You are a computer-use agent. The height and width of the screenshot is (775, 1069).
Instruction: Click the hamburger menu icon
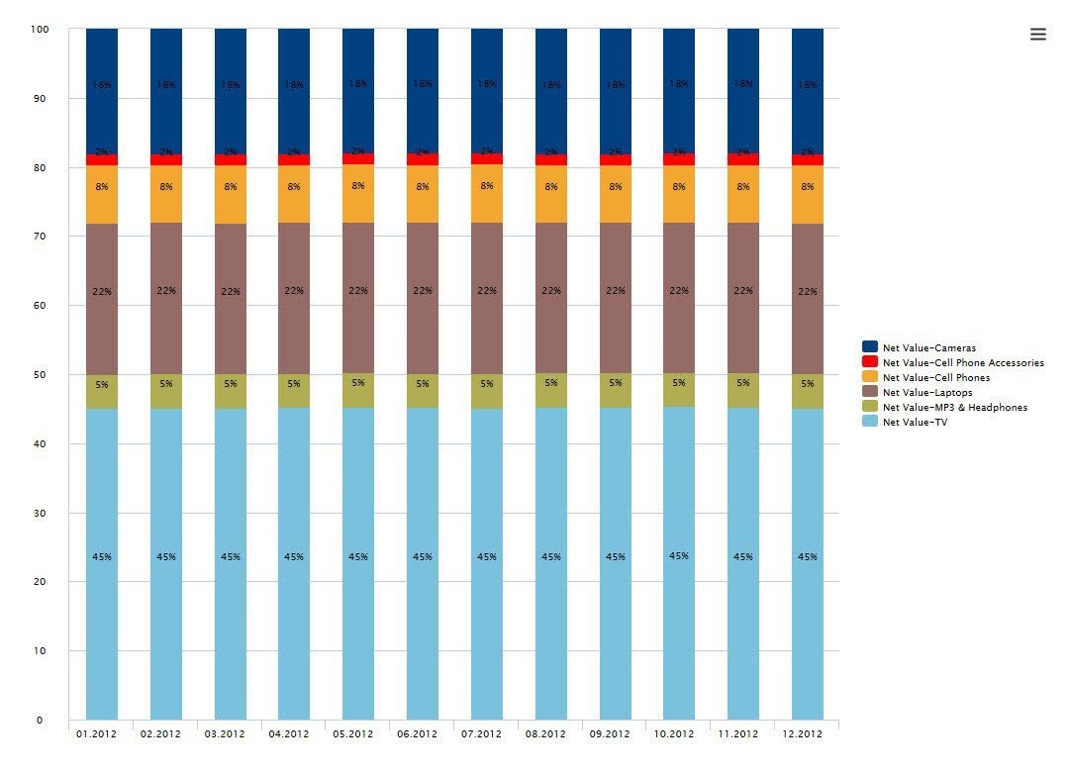(x=1037, y=34)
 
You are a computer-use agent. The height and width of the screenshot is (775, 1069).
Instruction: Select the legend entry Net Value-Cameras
(x=928, y=347)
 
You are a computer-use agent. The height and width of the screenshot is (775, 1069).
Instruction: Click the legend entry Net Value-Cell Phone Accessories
(x=962, y=362)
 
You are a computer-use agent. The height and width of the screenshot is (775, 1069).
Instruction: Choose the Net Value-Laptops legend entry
(x=926, y=393)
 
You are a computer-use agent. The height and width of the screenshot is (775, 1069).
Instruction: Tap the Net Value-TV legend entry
(x=915, y=423)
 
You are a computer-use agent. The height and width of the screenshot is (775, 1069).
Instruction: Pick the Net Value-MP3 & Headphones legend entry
(x=954, y=408)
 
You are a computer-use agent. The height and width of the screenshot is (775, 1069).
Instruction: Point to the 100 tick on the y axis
(x=40, y=29)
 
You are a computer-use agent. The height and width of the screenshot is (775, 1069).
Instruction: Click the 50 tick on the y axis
(x=40, y=375)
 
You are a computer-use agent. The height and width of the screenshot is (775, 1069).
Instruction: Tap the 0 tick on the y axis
(x=40, y=720)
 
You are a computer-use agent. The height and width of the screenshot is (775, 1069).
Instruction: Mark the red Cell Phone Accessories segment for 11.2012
(x=743, y=159)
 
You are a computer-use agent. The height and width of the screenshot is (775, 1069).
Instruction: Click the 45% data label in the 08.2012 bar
(x=551, y=557)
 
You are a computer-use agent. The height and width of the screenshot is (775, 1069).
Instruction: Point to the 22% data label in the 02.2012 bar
(x=166, y=291)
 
